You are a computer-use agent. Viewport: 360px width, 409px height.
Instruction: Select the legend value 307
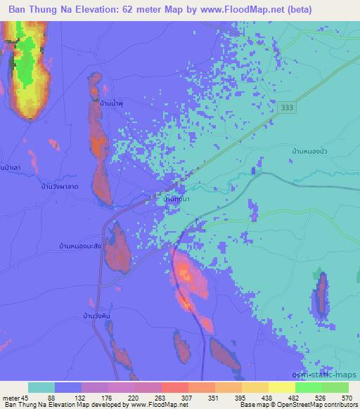point(186,398)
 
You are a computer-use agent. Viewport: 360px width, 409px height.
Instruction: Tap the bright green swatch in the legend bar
point(308,387)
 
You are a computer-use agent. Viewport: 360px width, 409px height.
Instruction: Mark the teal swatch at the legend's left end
point(41,387)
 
